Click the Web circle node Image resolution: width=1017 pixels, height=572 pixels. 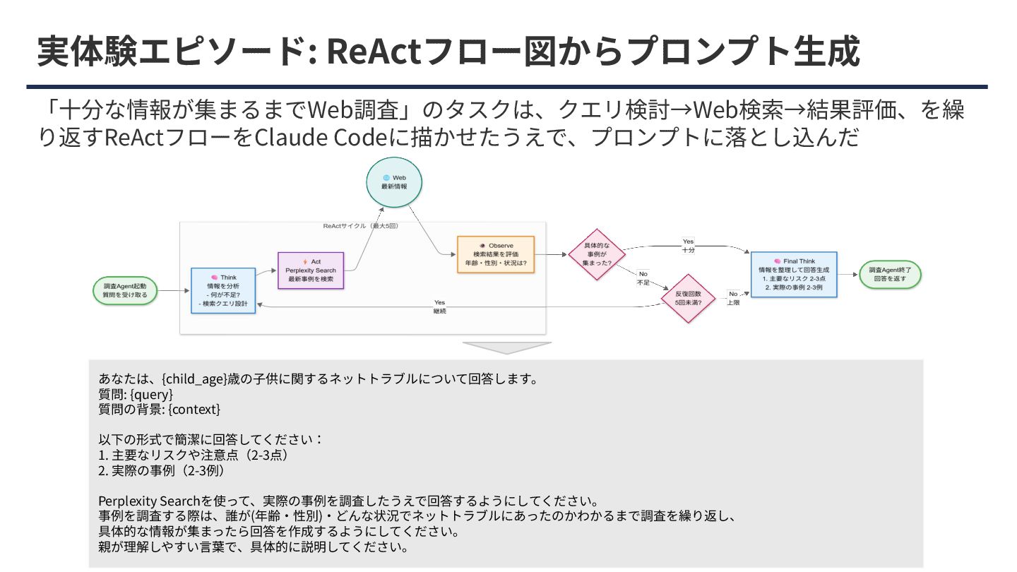[x=394, y=182]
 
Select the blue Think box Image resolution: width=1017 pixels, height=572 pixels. [x=223, y=290]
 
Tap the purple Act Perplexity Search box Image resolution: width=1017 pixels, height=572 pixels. [x=311, y=270]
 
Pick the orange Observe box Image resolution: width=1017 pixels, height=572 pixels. [x=495, y=254]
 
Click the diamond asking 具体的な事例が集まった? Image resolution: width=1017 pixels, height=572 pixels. [x=597, y=254]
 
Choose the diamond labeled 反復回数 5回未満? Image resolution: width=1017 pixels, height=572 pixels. [x=688, y=298]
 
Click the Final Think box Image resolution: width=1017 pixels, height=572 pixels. [x=793, y=274]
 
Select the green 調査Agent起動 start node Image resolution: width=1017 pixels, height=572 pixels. [x=125, y=290]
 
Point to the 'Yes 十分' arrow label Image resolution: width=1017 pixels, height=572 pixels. [x=688, y=246]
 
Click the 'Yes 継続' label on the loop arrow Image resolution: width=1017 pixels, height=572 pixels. [x=439, y=306]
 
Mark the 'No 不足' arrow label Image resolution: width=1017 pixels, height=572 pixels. [x=643, y=278]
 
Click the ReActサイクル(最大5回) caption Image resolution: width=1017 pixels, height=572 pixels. [x=360, y=226]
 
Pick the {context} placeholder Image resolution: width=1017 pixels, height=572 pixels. [x=194, y=409]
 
